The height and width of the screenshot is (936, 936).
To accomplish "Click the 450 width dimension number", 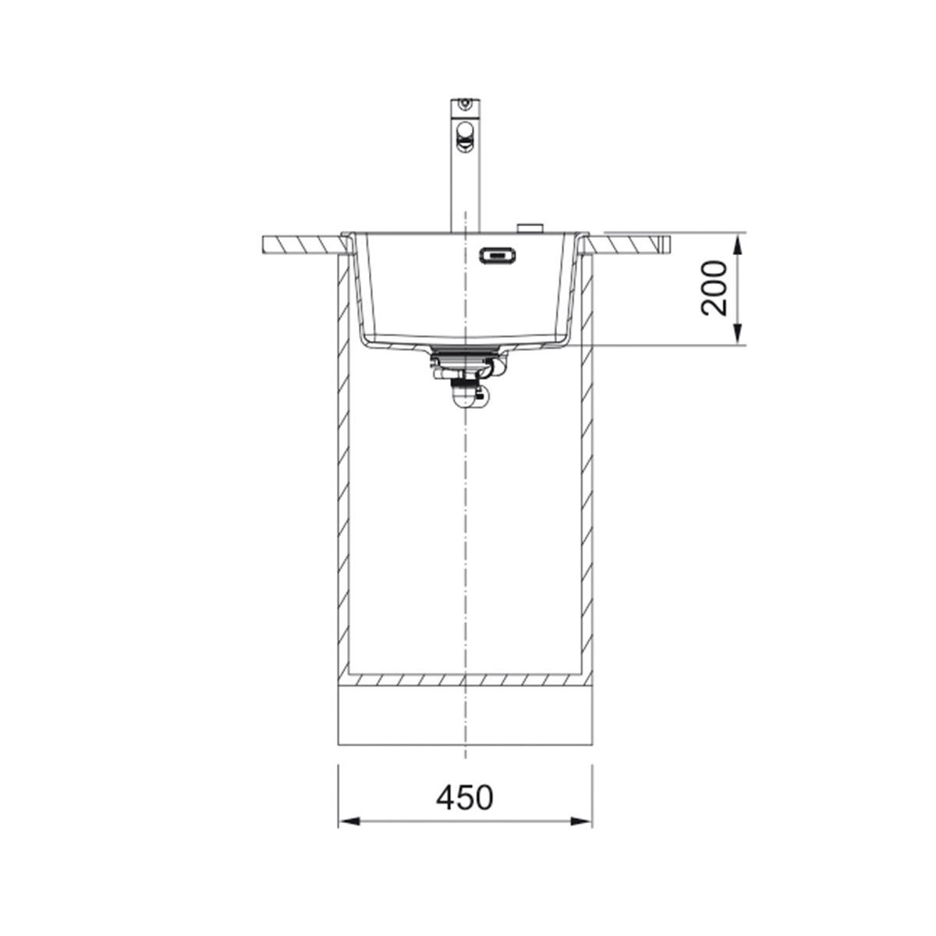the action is click(464, 798).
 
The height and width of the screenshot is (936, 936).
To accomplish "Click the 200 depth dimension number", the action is click(714, 289).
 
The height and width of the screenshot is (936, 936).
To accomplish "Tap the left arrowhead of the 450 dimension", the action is click(349, 835).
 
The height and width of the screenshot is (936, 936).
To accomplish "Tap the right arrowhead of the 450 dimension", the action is click(581, 835).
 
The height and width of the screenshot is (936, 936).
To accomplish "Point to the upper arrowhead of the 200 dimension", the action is click(737, 245).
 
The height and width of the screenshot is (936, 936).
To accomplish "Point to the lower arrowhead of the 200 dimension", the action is click(737, 335).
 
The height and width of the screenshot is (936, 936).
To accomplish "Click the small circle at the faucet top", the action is click(466, 102).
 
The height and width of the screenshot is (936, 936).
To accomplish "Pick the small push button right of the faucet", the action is click(530, 228).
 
